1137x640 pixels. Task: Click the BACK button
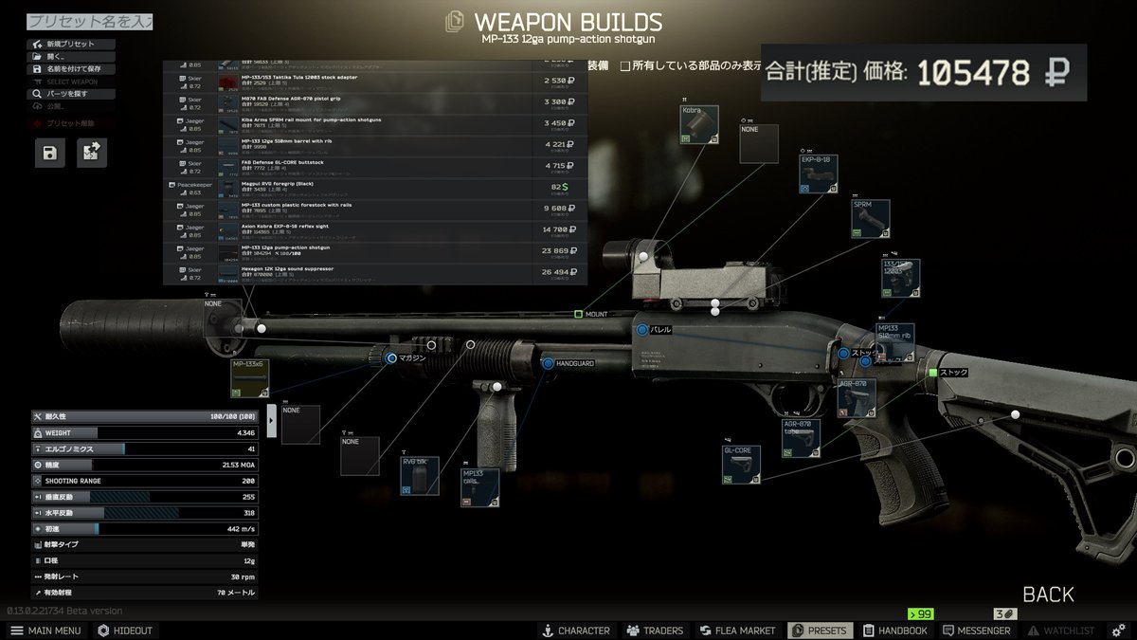click(1048, 595)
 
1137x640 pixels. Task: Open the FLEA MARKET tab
click(737, 631)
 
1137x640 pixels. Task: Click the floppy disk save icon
click(50, 153)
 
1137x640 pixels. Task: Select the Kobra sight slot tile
click(698, 124)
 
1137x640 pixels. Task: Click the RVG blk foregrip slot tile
click(419, 475)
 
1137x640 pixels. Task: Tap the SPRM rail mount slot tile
click(870, 218)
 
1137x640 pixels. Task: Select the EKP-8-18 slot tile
click(819, 174)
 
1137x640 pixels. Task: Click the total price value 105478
click(974, 72)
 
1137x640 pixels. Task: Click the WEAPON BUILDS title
click(568, 22)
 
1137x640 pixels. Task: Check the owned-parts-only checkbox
click(624, 65)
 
